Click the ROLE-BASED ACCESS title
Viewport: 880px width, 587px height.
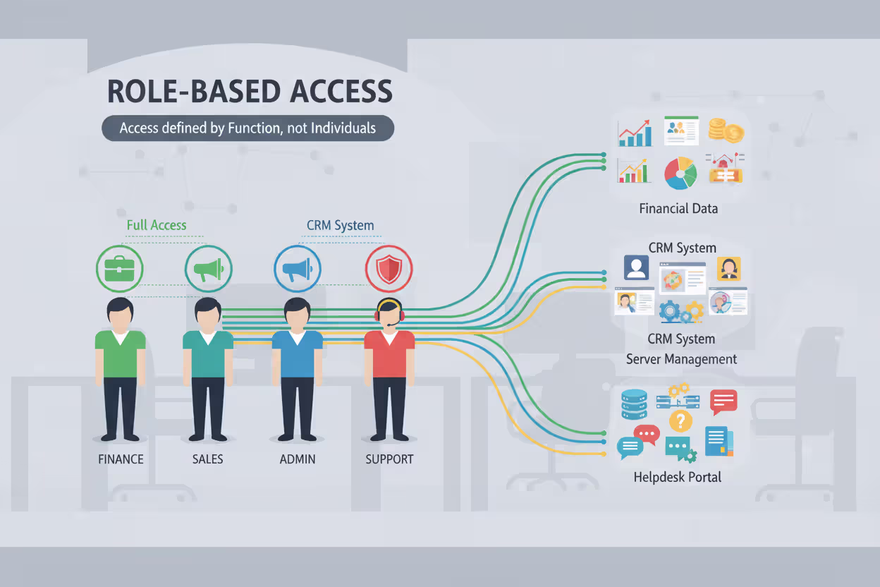point(249,92)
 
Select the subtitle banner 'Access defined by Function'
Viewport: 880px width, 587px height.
point(248,128)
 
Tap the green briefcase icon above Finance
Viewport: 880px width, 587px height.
point(120,269)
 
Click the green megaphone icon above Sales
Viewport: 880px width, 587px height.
point(209,269)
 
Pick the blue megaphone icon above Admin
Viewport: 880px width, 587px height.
point(297,269)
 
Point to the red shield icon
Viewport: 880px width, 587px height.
point(389,269)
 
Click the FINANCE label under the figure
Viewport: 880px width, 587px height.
point(121,459)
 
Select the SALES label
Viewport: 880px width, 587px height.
point(207,459)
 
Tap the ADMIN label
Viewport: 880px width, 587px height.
point(297,459)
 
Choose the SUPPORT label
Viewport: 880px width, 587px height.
point(389,459)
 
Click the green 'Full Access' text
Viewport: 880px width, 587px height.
point(157,226)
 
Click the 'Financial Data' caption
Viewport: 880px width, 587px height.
point(678,209)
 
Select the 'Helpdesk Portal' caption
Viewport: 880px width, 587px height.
point(677,478)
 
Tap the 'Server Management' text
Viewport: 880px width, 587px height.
point(681,359)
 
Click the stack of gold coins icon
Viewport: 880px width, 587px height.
point(726,131)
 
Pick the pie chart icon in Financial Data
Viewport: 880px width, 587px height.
point(680,173)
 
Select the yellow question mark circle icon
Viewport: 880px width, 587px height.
point(680,421)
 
